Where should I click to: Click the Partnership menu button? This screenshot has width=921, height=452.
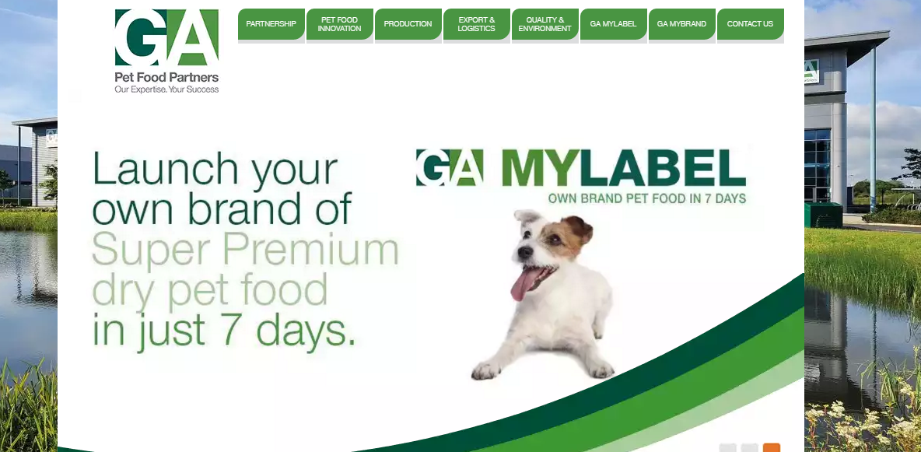(x=271, y=24)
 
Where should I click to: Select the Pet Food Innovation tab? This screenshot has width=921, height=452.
(x=339, y=24)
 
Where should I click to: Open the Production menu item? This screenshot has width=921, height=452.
(x=408, y=24)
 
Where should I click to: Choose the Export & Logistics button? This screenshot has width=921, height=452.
(x=476, y=24)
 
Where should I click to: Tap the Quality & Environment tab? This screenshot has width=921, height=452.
(x=545, y=24)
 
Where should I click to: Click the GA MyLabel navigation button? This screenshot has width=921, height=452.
(x=613, y=24)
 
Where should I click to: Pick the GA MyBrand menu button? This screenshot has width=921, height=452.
(x=681, y=24)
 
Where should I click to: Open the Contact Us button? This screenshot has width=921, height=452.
(x=750, y=24)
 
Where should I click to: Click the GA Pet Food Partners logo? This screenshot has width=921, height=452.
(x=166, y=51)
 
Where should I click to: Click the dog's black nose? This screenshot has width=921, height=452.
(x=524, y=251)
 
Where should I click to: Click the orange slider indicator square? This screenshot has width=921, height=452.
(x=771, y=448)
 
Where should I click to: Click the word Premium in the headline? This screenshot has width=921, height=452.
(x=313, y=249)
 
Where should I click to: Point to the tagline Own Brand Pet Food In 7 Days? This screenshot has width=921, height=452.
(x=646, y=198)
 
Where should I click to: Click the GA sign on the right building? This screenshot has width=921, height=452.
(x=811, y=71)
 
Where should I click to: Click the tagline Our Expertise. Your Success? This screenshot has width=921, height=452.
(x=166, y=89)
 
